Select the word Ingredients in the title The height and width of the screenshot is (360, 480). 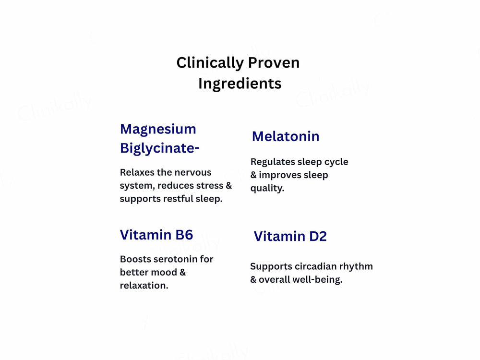click(x=240, y=84)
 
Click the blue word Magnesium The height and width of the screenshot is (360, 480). click(x=158, y=129)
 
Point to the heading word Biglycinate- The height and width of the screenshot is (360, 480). click(x=159, y=148)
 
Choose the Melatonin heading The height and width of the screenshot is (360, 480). click(x=286, y=136)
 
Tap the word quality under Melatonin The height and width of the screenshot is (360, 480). click(x=267, y=188)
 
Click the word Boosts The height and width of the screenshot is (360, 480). click(x=135, y=259)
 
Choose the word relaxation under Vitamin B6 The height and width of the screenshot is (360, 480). click(x=144, y=286)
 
